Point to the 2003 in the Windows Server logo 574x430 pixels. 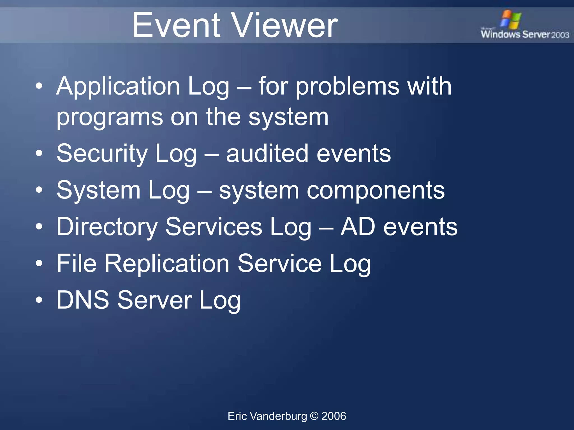click(x=560, y=35)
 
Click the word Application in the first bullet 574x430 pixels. click(x=118, y=86)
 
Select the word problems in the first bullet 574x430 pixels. click(x=348, y=87)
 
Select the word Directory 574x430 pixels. click(x=107, y=227)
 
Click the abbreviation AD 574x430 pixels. click(x=358, y=227)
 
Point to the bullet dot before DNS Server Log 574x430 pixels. click(x=39, y=300)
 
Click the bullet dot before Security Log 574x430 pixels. click(x=39, y=153)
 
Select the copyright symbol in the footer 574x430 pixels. click(x=314, y=416)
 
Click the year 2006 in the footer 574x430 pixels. click(x=334, y=416)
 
